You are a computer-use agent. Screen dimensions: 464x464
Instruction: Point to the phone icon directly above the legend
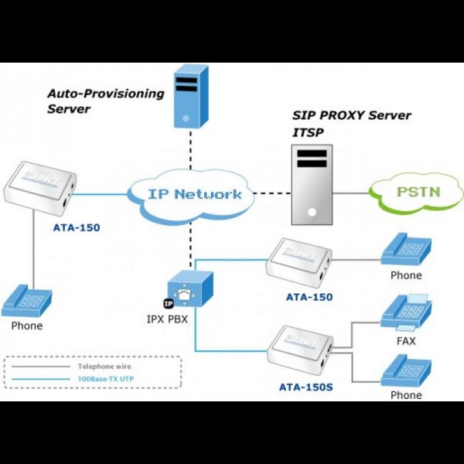click(x=27, y=301)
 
